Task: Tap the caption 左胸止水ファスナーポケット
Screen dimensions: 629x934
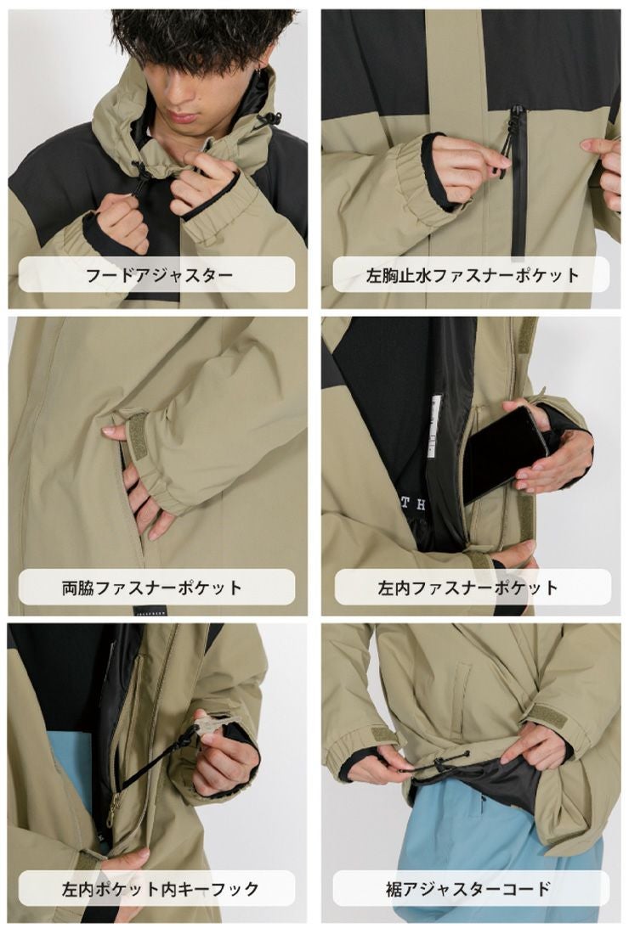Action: click(x=473, y=275)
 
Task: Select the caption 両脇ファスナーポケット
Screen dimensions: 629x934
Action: click(x=152, y=588)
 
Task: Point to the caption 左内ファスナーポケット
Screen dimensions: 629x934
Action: click(x=467, y=588)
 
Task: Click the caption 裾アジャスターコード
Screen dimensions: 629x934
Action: click(x=468, y=889)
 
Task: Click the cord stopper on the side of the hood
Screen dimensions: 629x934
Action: click(x=272, y=118)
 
